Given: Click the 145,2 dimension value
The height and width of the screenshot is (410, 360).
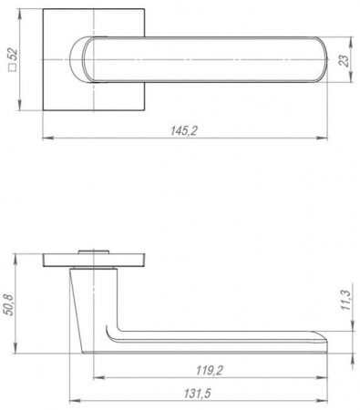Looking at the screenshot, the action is point(184,131).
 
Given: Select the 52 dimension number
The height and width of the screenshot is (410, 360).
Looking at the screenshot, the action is point(13,55).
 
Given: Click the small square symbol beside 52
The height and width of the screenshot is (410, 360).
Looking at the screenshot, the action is point(13,67).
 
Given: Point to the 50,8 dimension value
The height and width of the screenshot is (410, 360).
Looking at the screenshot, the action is point(9,305).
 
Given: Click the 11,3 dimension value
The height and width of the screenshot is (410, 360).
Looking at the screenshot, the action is point(346,300).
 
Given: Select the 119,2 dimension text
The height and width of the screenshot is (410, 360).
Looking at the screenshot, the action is point(210,371).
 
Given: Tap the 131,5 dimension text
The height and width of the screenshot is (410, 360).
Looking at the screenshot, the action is point(197,394).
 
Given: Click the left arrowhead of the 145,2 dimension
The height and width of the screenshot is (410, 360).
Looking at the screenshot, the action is point(48,138).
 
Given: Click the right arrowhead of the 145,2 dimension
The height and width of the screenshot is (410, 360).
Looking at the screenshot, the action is point(322,138).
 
